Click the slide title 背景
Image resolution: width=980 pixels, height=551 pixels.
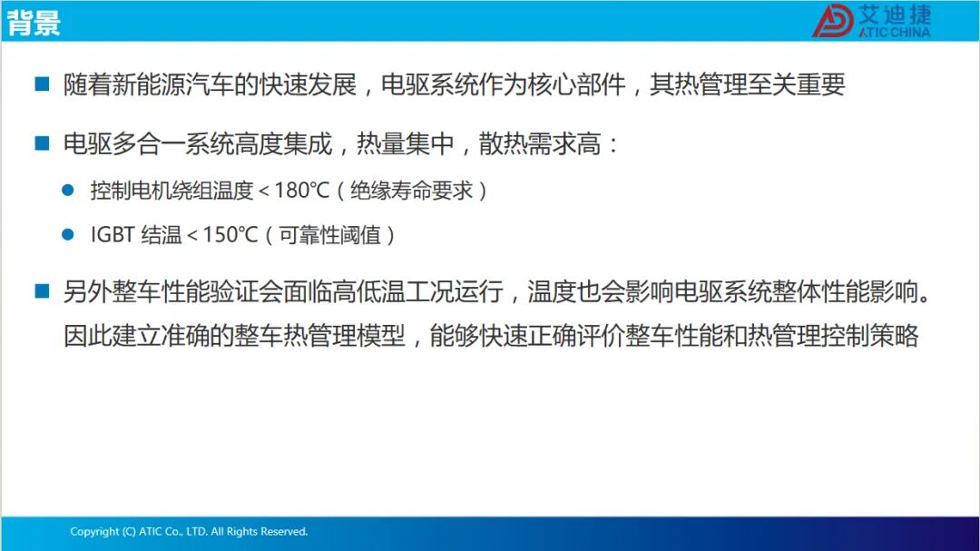(34, 23)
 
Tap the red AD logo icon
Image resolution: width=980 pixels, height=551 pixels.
(832, 21)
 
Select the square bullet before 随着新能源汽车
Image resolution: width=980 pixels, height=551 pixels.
(42, 84)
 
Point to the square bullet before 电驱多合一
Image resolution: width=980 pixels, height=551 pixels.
(42, 143)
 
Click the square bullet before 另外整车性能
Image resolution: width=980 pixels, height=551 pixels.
(42, 290)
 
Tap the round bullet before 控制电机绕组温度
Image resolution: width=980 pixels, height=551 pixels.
(68, 190)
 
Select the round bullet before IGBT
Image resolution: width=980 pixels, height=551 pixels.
(68, 234)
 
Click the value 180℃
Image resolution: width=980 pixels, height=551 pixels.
(302, 190)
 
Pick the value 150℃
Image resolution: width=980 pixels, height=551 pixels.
(230, 235)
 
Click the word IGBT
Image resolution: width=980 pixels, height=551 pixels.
(113, 235)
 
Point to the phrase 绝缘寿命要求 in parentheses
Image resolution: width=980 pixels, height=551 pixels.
(411, 190)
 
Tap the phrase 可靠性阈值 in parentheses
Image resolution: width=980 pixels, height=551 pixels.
(329, 235)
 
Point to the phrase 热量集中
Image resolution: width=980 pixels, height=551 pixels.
(405, 143)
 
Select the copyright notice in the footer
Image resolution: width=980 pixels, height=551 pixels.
(189, 532)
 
